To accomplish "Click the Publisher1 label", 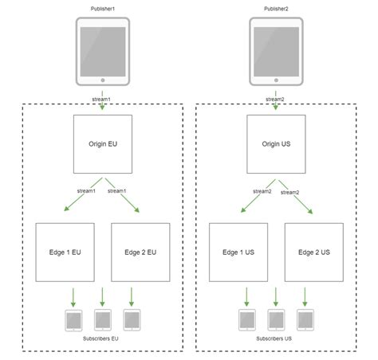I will (x=103, y=7).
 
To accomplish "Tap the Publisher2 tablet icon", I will (x=276, y=52).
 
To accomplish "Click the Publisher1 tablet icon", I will (x=103, y=52).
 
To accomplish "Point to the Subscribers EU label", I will (x=102, y=338).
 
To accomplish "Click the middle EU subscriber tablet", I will (x=102, y=320).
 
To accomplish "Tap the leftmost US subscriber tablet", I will (x=247, y=320).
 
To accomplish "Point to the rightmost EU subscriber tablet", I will (x=132, y=320).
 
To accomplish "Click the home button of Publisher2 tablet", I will (x=276, y=80).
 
